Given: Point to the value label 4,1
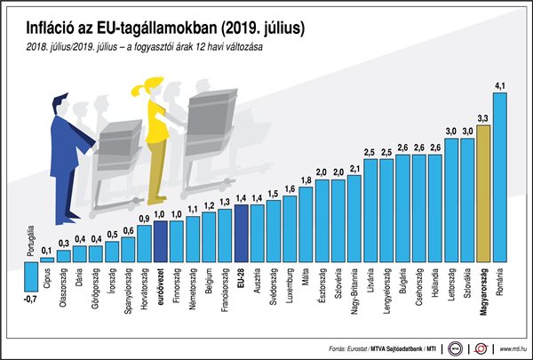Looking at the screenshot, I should coord(499,85).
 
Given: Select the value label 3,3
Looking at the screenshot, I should coord(483,117).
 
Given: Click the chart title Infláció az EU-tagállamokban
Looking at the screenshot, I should coord(160,26).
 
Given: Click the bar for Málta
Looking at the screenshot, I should coord(306,226).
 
